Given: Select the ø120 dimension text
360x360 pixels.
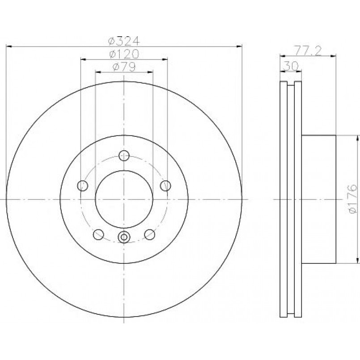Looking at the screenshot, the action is click(124, 54).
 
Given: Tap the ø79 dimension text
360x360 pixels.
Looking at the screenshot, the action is click(124, 67).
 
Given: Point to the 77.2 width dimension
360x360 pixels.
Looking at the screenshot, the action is click(308, 51).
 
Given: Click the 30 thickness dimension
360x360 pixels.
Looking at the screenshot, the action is click(291, 66).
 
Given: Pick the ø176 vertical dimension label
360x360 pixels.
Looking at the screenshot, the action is click(353, 199).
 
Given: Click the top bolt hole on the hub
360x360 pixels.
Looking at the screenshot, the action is click(124, 156).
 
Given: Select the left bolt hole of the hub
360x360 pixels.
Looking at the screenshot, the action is click(83, 186).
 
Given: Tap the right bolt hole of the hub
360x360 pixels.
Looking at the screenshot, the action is click(165, 186).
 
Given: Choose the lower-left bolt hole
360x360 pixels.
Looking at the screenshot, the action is click(98, 234).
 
